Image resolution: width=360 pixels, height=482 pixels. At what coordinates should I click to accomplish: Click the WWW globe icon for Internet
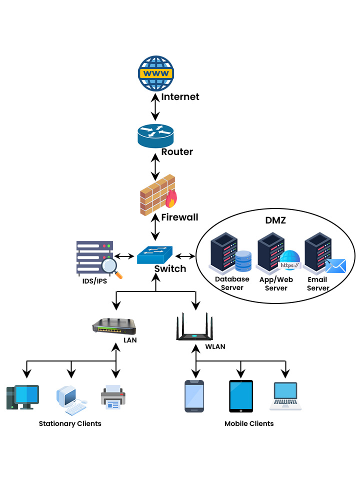[x=155, y=73]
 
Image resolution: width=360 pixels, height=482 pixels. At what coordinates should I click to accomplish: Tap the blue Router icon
[x=155, y=134]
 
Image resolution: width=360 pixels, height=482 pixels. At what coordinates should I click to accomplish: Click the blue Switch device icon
[x=155, y=254]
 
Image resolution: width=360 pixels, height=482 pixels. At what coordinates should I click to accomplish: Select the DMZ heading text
[x=275, y=220]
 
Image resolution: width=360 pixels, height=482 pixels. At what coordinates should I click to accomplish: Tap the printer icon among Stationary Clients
[x=113, y=397]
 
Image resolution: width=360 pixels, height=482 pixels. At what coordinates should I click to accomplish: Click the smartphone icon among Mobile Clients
[x=194, y=396]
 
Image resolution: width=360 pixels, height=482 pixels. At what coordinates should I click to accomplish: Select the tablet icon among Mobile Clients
[x=240, y=396]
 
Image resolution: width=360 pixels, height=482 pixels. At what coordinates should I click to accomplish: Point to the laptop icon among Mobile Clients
[x=285, y=396]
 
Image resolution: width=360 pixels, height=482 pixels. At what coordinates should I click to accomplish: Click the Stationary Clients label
[x=70, y=423]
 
